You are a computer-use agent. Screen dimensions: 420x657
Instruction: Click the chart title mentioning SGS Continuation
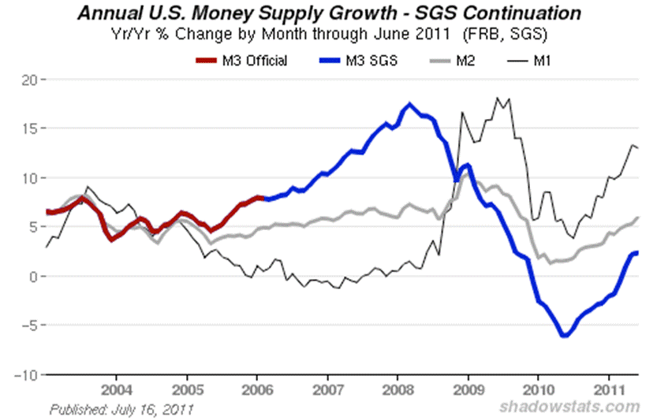pyautogui.click(x=329, y=13)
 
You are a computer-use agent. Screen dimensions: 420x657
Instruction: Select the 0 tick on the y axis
pyautogui.click(x=32, y=277)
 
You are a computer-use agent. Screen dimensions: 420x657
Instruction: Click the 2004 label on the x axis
pyautogui.click(x=116, y=390)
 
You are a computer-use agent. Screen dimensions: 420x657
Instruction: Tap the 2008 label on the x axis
pyautogui.click(x=399, y=390)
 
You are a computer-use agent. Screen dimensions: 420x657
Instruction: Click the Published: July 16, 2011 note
pyautogui.click(x=121, y=409)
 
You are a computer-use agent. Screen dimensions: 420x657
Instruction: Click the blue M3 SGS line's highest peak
pyautogui.click(x=409, y=104)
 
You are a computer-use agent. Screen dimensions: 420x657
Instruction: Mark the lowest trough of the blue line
pyautogui.click(x=565, y=336)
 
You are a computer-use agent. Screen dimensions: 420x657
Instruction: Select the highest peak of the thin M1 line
pyautogui.click(x=497, y=98)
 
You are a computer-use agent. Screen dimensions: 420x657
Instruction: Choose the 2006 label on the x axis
pyautogui.click(x=257, y=390)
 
